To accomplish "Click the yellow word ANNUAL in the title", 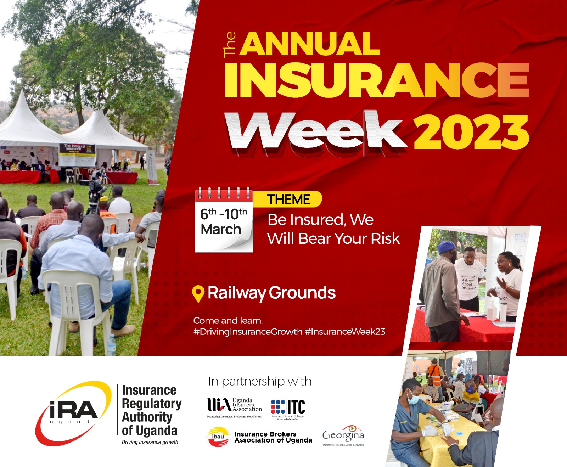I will pyautogui.click(x=309, y=44).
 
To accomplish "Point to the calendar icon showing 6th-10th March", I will pyautogui.click(x=224, y=220).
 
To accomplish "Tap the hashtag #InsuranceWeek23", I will pyautogui.click(x=345, y=332).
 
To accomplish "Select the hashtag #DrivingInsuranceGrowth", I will pyautogui.click(x=248, y=332).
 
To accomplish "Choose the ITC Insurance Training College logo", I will pyautogui.click(x=288, y=408).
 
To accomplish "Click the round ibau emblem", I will pyautogui.click(x=218, y=437).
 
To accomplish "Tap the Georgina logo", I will pyautogui.click(x=343, y=435).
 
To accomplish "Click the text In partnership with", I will pyautogui.click(x=260, y=382).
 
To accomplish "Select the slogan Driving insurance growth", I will pyautogui.click(x=150, y=442).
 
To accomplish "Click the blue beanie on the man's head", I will pyautogui.click(x=446, y=247).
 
